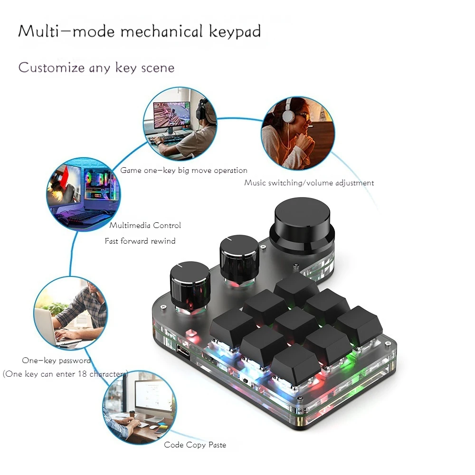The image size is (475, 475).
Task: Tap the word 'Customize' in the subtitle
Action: click(51, 67)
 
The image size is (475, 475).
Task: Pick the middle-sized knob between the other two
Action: click(239, 256)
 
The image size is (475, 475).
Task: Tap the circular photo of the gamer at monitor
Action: click(180, 123)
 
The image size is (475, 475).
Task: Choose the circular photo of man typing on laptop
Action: click(71, 313)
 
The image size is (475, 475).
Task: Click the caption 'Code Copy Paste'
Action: click(195, 445)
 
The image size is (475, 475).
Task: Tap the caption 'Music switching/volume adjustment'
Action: click(309, 183)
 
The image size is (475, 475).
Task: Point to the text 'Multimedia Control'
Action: click(145, 226)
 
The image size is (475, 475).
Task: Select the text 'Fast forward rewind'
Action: click(140, 241)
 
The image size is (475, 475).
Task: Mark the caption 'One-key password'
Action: click(56, 361)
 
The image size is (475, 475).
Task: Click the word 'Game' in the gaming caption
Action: click(131, 171)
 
